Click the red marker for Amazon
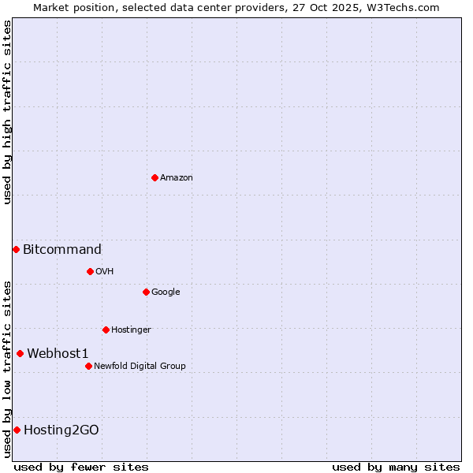coord(155,177)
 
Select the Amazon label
coord(177,178)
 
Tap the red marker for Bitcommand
coord(16,249)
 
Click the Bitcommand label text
coord(62,250)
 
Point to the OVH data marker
coord(90,271)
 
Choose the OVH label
coord(105,272)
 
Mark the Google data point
coord(146,292)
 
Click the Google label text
coord(166,292)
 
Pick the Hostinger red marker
coord(106,330)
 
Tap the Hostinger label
coord(131,330)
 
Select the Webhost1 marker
coord(20,353)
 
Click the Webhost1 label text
coord(58,354)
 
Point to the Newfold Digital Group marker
coord(88,366)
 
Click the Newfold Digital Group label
coord(140,367)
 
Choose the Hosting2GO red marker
coord(17,430)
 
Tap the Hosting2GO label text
coord(61,430)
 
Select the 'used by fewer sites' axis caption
coord(81,467)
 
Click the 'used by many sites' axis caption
coord(396,467)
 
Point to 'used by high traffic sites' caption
coord(7,112)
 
